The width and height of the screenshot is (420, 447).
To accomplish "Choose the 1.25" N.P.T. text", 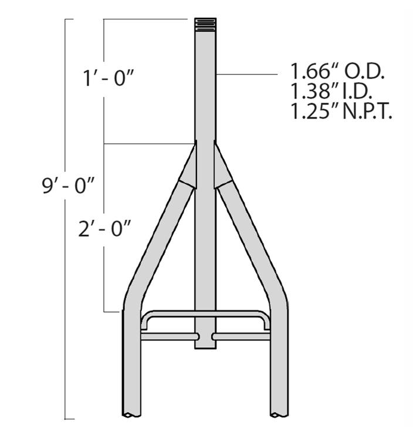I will coord(341,110).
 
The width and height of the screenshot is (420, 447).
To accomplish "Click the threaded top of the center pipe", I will coord(205,24).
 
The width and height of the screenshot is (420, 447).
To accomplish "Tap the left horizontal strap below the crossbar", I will coord(168,337).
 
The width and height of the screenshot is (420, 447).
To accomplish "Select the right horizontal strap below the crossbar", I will coord(242,337).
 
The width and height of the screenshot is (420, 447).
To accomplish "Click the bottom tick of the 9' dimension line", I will coord(69,419).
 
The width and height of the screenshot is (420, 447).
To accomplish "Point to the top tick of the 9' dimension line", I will coord(69,19).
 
